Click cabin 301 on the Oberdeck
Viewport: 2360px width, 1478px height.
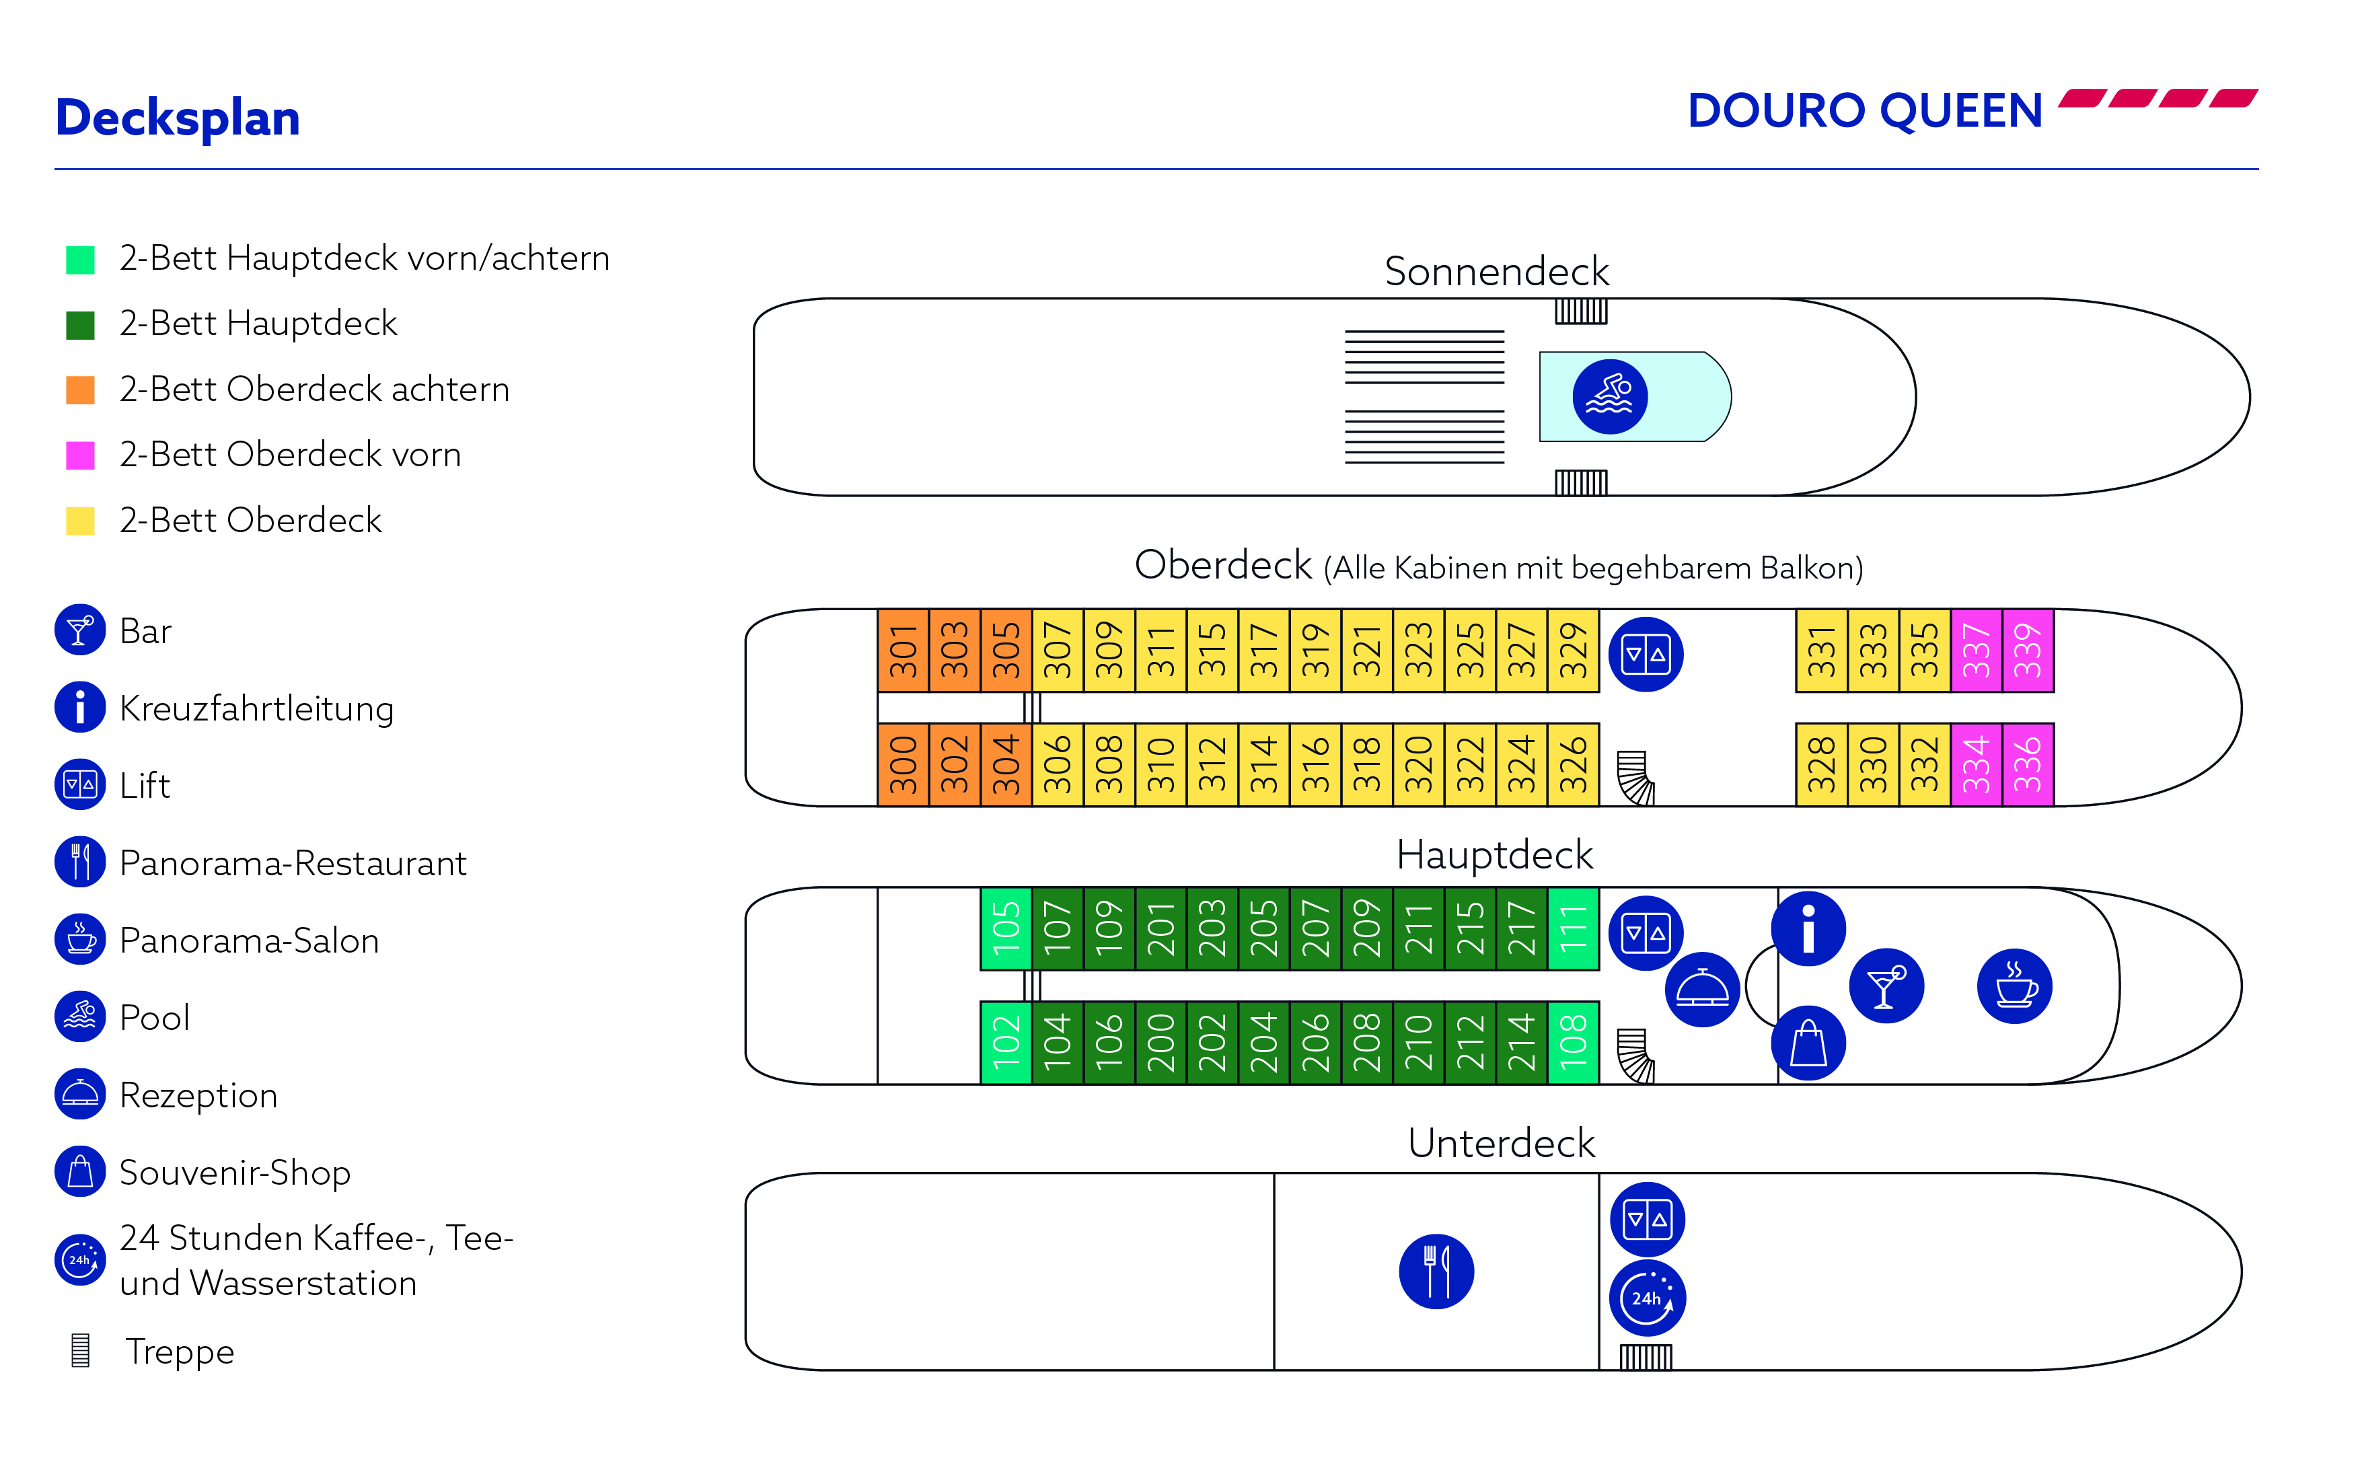click(903, 650)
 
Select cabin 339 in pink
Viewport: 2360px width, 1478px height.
click(2027, 650)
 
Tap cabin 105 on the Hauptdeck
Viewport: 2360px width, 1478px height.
click(1006, 928)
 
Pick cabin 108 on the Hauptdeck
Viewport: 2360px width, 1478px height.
click(1572, 1042)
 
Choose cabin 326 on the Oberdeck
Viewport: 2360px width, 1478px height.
click(1572, 764)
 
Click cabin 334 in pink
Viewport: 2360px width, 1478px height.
click(1975, 764)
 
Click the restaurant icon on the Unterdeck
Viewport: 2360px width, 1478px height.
click(1436, 1271)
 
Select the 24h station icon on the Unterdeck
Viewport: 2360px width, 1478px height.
click(1647, 1298)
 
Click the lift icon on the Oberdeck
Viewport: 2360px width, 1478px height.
click(1646, 654)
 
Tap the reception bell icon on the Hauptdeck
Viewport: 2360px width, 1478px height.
click(1702, 989)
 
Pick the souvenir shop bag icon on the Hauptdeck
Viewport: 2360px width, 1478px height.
click(1808, 1043)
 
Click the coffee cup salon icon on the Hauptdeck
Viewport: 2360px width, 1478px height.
click(2014, 986)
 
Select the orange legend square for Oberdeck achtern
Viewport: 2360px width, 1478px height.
click(80, 389)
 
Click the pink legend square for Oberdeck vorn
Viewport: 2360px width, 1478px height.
click(80, 455)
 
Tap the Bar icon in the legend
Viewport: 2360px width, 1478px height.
click(80, 630)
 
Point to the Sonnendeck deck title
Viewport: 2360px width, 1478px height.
click(1495, 270)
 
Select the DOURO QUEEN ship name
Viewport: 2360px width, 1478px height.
click(1865, 110)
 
